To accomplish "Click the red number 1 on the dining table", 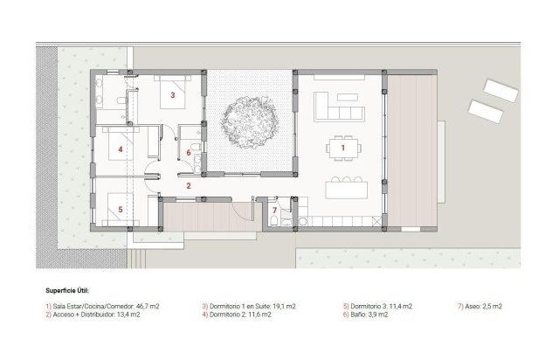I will pyautogui.click(x=342, y=149).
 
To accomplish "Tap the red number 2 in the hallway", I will pyautogui.click(x=188, y=185).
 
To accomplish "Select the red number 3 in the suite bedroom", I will pyautogui.click(x=173, y=94).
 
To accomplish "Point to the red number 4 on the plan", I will pyautogui.click(x=121, y=149).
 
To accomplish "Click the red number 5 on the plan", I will pyautogui.click(x=120, y=210).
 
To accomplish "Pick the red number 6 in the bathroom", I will pyautogui.click(x=188, y=153).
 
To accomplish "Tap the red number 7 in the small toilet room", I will pyautogui.click(x=273, y=211).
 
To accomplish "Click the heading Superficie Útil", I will pyautogui.click(x=67, y=289).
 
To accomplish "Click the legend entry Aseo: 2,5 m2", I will pyautogui.click(x=480, y=307).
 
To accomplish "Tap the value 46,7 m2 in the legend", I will pyautogui.click(x=144, y=307).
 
